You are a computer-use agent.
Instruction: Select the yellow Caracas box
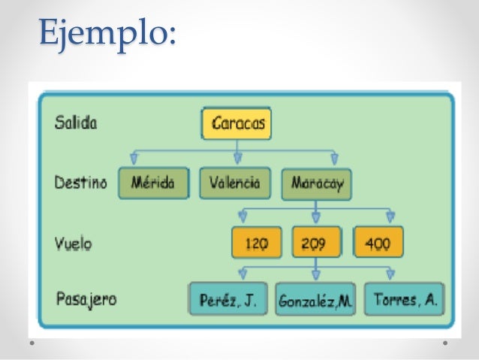[x=236, y=123]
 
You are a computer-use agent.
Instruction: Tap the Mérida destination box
[x=152, y=183]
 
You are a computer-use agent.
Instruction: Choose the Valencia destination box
[x=235, y=183]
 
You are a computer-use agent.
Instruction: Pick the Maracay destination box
[x=315, y=183]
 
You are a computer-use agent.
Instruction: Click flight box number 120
[x=257, y=243]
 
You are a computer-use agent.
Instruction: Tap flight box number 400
[x=377, y=243]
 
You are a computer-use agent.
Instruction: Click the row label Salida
[x=76, y=123]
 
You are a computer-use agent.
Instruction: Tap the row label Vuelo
[x=74, y=243]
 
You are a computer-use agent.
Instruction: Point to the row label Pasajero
[x=86, y=298]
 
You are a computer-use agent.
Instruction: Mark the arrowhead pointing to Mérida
[x=134, y=158]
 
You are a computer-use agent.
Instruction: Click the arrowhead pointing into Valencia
[x=237, y=158]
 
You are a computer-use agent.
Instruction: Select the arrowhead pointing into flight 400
[x=390, y=217]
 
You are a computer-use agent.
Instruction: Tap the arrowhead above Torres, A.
[x=390, y=274]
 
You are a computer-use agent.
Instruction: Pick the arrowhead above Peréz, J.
[x=239, y=274]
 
